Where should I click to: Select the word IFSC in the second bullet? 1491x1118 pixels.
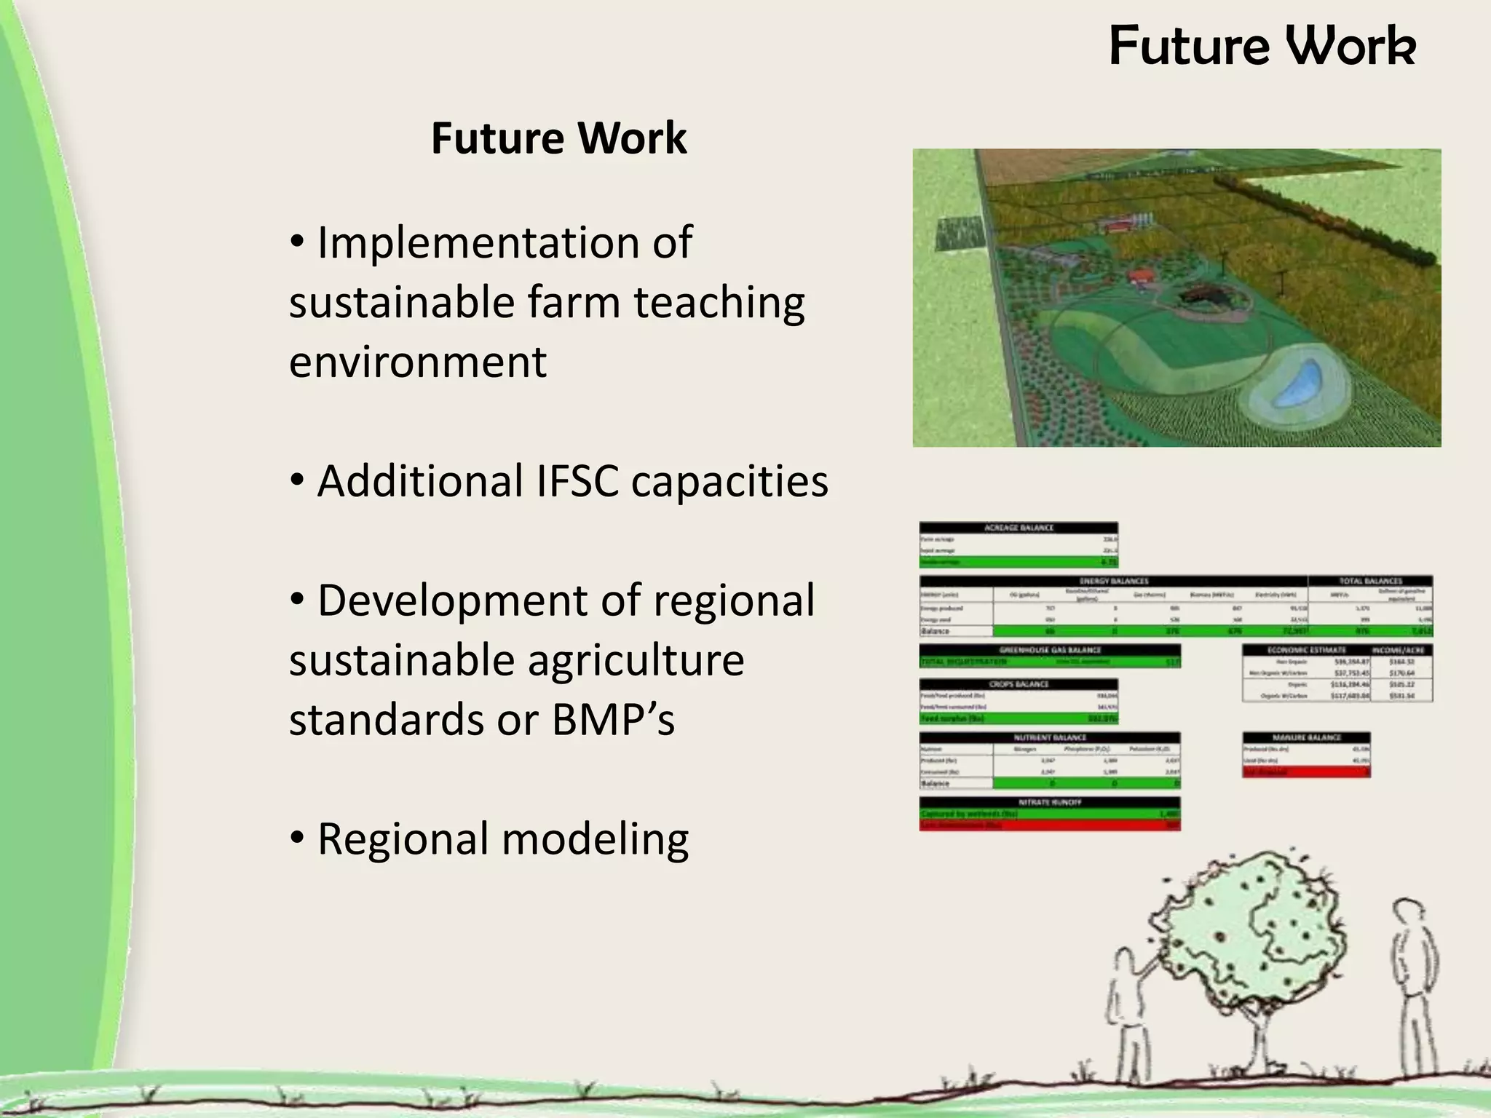click(x=578, y=481)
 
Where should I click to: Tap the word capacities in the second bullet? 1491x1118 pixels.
click(x=729, y=481)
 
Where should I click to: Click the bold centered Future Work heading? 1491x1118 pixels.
click(x=558, y=138)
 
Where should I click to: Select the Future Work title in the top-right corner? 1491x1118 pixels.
click(x=1262, y=46)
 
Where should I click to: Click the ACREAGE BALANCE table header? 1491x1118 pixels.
click(x=1019, y=528)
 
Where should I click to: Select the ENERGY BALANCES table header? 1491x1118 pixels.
click(x=1113, y=581)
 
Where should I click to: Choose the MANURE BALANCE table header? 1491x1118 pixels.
click(x=1307, y=737)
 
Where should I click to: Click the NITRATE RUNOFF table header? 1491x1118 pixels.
click(x=1049, y=802)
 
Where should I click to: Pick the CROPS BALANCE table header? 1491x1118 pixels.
click(x=1019, y=684)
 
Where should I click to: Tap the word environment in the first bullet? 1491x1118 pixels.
click(x=417, y=362)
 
